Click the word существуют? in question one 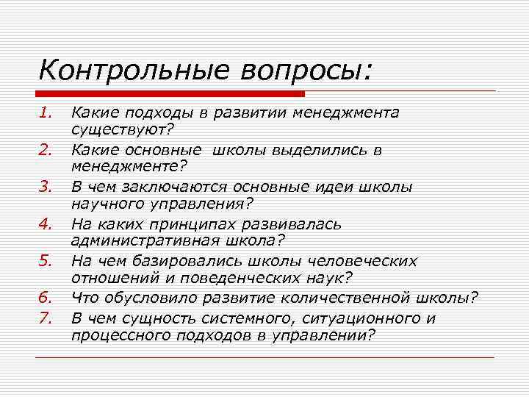pos(123,131)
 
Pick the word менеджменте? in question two pos(130,168)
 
